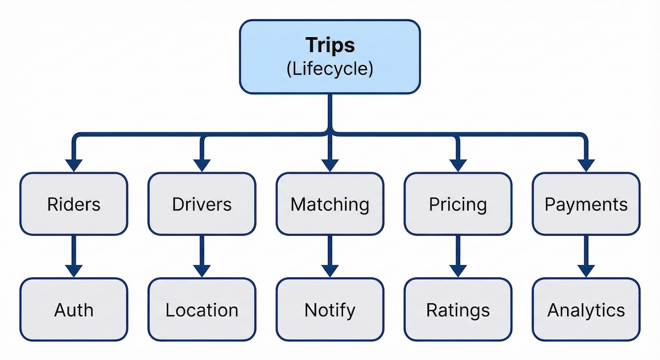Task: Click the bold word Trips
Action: tap(330, 45)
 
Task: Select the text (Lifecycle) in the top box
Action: tap(330, 69)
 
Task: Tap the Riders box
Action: tap(74, 204)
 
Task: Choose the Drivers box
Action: tap(202, 204)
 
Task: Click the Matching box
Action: tap(330, 204)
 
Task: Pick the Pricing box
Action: tap(458, 204)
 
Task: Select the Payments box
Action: tap(586, 204)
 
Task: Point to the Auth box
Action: tap(74, 310)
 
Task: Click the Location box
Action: tap(202, 310)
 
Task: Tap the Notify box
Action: tap(330, 310)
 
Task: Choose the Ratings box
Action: tap(458, 310)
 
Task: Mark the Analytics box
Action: tap(586, 310)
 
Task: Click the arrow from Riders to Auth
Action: tap(74, 256)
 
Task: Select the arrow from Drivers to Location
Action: tap(202, 256)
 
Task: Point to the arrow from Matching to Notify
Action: tap(330, 256)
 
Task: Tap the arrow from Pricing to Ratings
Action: tap(458, 256)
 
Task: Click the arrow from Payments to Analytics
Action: tap(586, 256)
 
